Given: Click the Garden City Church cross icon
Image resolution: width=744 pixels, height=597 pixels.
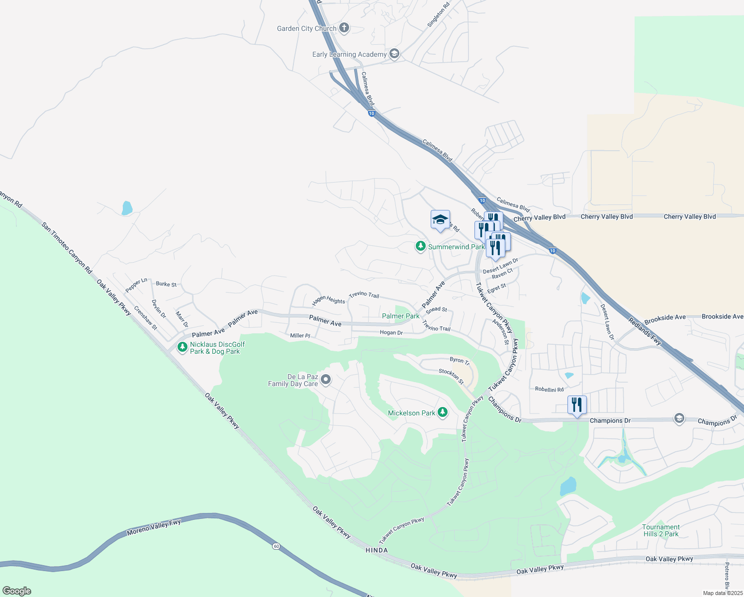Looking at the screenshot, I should [344, 28].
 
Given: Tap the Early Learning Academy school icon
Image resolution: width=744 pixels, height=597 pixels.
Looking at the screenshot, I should [394, 54].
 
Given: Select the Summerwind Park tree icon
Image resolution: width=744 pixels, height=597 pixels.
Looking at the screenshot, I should [421, 246].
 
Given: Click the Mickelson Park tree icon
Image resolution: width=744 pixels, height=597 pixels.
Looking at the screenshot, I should [443, 412].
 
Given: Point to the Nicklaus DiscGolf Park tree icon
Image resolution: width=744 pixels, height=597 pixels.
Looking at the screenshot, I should [183, 347].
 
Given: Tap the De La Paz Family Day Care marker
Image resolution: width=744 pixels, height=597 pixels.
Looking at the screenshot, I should [326, 380].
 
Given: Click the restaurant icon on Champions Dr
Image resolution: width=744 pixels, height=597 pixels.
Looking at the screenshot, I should [577, 405].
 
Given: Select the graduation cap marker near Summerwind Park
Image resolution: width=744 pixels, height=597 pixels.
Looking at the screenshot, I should [440, 220].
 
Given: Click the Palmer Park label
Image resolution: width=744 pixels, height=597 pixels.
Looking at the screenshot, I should [401, 316].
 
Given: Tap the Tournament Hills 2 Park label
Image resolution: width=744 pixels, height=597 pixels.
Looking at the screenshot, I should [660, 530].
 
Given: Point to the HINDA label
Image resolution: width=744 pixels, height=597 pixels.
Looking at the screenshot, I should [376, 550].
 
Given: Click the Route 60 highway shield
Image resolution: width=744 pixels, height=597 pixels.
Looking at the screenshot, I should [276, 546].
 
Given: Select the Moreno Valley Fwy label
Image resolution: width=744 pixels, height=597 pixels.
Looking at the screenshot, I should [154, 527].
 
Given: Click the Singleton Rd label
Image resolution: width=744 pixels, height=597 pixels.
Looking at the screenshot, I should [439, 14].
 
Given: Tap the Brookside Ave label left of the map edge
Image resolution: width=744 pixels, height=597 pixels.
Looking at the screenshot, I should [665, 317].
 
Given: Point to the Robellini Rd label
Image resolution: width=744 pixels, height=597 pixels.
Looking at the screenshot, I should [549, 390].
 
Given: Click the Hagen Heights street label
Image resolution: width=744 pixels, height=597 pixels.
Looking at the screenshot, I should [328, 300].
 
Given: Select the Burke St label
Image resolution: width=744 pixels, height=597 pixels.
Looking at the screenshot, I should [166, 284].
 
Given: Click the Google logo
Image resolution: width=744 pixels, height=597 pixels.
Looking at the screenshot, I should [16, 591].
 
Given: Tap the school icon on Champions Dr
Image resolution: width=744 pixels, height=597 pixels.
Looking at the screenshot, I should [679, 418].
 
